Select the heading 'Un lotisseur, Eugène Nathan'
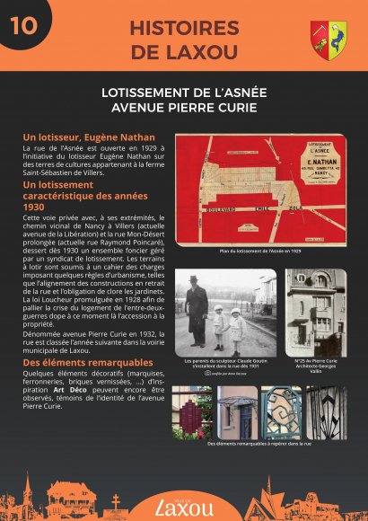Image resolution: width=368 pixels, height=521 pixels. pyautogui.click(x=89, y=137)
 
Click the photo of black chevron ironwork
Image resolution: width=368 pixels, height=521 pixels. pyautogui.click(x=325, y=412)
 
